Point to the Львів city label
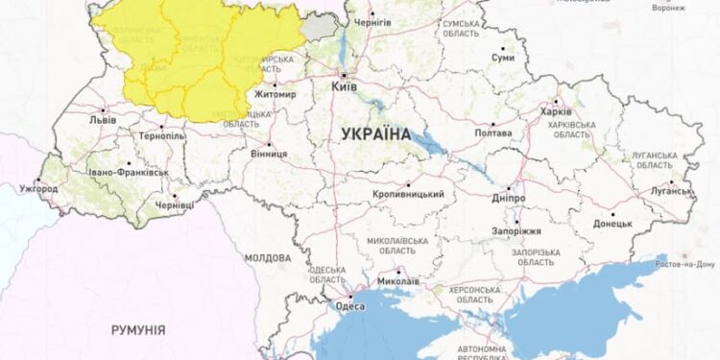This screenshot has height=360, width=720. (x=102, y=121)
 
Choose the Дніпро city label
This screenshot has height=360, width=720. (x=508, y=198)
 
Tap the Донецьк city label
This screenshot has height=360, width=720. (x=612, y=223)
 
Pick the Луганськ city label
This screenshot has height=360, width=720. (x=671, y=191)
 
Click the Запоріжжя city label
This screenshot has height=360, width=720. (x=519, y=231)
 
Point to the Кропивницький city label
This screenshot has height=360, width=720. (x=409, y=194)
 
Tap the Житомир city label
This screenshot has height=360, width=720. (x=275, y=95)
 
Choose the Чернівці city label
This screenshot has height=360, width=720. (x=175, y=205)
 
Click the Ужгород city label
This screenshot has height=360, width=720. (x=38, y=189)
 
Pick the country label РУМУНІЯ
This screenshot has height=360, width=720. (x=137, y=329)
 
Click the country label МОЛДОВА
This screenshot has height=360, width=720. (x=267, y=258)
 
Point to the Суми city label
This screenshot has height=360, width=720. (x=504, y=58)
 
